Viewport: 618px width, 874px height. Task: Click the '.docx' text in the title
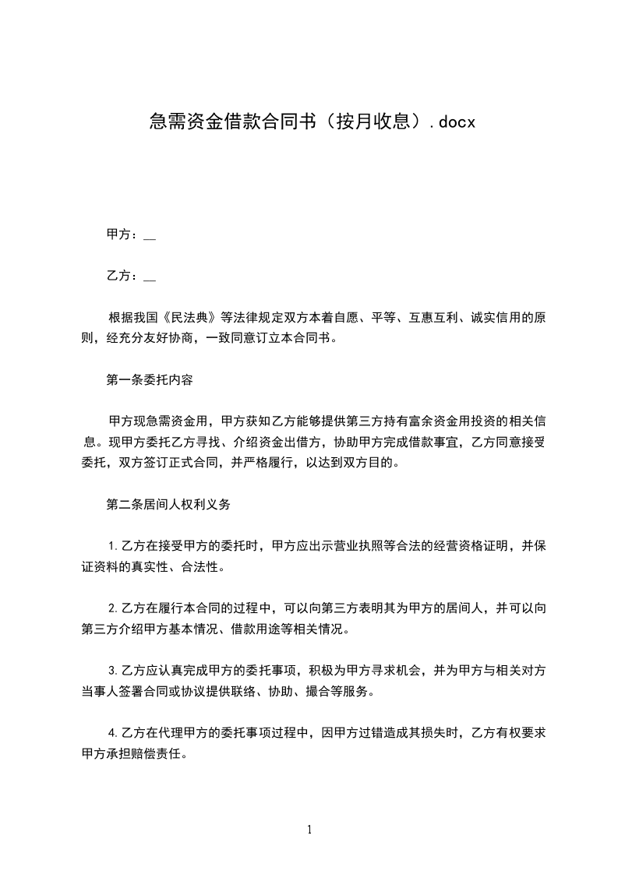coord(453,122)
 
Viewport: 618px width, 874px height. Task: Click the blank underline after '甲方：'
coord(150,237)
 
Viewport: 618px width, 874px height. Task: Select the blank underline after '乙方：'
coord(150,278)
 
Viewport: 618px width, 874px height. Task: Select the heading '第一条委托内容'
coord(150,381)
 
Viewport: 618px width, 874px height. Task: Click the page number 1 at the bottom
coord(309,830)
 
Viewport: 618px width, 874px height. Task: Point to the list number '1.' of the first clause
coord(114,545)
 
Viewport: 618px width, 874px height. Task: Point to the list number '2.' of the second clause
coord(114,608)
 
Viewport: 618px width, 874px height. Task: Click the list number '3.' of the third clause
coord(114,669)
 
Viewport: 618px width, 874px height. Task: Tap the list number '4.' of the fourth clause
coord(114,732)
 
